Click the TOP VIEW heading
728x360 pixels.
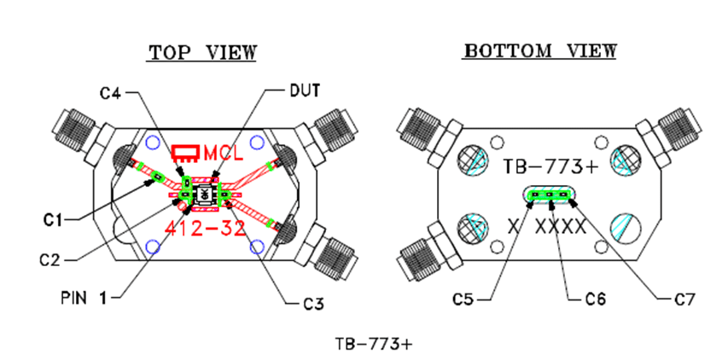click(202, 53)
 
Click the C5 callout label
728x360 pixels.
click(466, 299)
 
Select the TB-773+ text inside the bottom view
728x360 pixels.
click(550, 165)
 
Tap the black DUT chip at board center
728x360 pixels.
click(204, 195)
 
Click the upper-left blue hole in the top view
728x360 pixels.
click(154, 142)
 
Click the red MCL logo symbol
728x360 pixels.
click(185, 154)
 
